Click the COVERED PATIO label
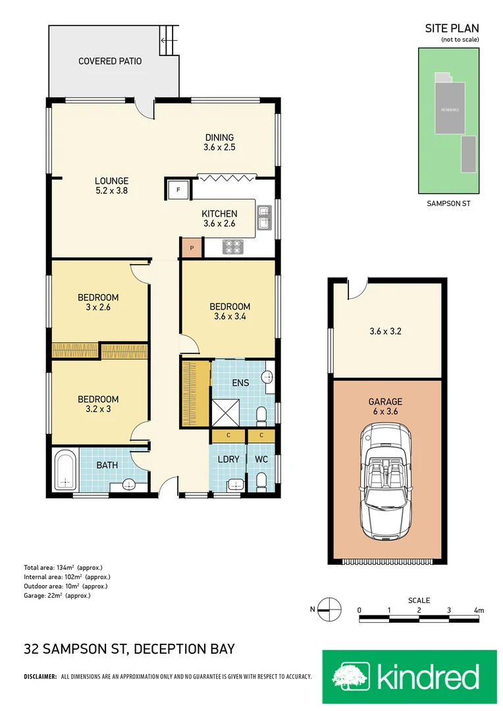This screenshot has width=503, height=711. pos(110,61)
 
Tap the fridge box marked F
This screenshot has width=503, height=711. pos(177,190)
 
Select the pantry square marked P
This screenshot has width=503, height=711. pos(192,248)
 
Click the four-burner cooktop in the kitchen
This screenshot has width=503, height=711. pos(234,247)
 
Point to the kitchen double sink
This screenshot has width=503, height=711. pos(264,218)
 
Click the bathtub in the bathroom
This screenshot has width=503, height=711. pos(65,469)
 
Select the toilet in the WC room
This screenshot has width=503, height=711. pos(261,483)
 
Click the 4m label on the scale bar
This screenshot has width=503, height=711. pos(479,611)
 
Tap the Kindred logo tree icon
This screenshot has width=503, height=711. pos(351,677)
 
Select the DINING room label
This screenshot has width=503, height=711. pos(219,138)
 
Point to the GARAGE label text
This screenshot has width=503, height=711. pos(386,402)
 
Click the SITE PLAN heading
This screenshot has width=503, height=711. pos(452,28)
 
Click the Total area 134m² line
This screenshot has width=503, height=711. pos(63,567)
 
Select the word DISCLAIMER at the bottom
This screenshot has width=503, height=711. pos(40,677)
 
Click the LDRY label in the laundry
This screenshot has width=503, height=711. pos(228,460)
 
